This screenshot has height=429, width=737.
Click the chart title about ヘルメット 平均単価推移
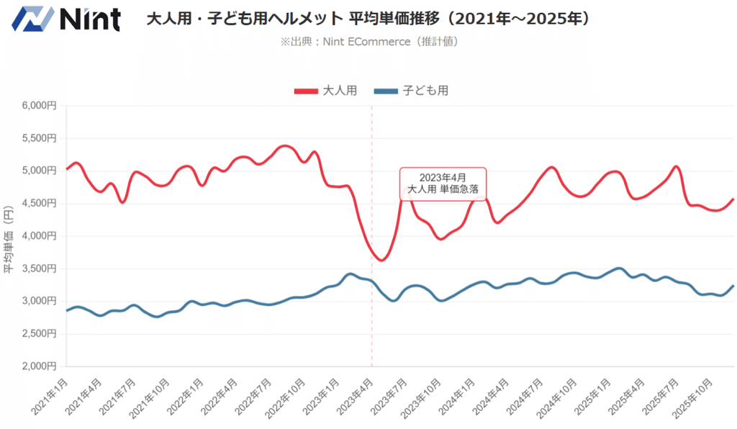368,19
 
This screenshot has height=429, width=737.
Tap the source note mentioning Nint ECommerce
368,42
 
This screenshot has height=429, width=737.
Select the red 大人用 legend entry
325,91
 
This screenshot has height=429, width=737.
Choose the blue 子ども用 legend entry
412,91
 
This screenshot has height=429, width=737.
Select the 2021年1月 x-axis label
50,395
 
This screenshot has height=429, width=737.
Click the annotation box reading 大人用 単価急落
443,184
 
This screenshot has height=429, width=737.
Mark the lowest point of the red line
381,260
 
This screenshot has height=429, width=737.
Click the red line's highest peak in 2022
286,146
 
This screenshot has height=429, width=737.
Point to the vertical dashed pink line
372,302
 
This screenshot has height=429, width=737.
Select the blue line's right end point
733,286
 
